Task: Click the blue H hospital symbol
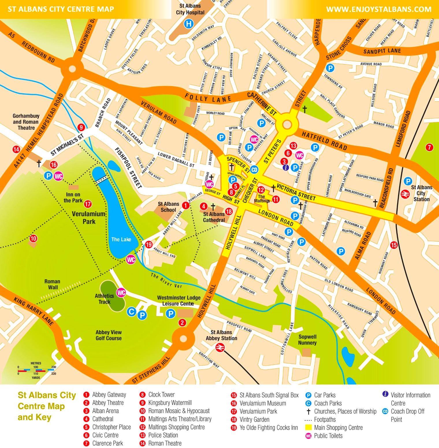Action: [189, 24]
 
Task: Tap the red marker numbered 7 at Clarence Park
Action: [429, 147]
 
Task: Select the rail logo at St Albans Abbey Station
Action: [220, 347]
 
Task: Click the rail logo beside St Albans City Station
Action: [405, 194]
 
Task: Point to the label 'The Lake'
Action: [121, 239]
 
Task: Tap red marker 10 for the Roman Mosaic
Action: [33, 238]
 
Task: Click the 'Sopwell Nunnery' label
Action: [307, 340]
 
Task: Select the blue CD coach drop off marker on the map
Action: [254, 170]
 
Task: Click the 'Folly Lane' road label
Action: [208, 99]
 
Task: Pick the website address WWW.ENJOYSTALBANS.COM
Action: [379, 10]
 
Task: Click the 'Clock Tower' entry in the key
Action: [161, 395]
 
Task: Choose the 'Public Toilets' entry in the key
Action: [328, 436]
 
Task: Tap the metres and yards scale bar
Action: [36, 370]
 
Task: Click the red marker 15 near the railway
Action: [394, 245]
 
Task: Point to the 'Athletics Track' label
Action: [104, 299]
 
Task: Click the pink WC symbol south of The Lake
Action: [131, 260]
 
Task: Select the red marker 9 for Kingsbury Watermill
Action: [81, 127]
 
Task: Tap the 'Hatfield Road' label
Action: [324, 140]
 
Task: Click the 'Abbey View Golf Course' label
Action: [109, 335]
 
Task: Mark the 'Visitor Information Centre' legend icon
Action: [385, 394]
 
